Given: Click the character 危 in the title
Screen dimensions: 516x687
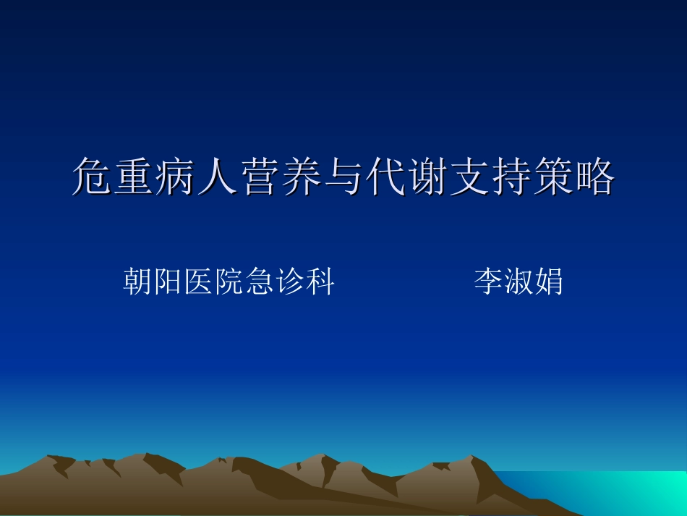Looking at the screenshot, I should click(93, 177).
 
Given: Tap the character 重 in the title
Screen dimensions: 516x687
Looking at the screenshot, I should click(135, 177).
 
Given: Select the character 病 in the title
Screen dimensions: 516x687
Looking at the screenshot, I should click(176, 177).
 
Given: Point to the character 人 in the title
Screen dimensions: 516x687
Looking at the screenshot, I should click(218, 177).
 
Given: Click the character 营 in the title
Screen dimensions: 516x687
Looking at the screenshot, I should click(260, 177).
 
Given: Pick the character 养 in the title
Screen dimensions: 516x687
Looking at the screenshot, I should click(302, 177).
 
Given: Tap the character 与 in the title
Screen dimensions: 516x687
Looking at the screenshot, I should click(343, 177).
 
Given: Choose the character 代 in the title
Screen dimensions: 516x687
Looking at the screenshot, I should click(385, 177).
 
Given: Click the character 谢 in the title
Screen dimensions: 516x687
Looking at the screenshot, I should click(427, 177).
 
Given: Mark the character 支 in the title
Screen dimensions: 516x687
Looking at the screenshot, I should click(469, 177).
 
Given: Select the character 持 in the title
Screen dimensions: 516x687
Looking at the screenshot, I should click(511, 177).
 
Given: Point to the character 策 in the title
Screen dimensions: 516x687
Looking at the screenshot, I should click(552, 177).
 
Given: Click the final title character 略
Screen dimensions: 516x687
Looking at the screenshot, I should click(594, 177).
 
